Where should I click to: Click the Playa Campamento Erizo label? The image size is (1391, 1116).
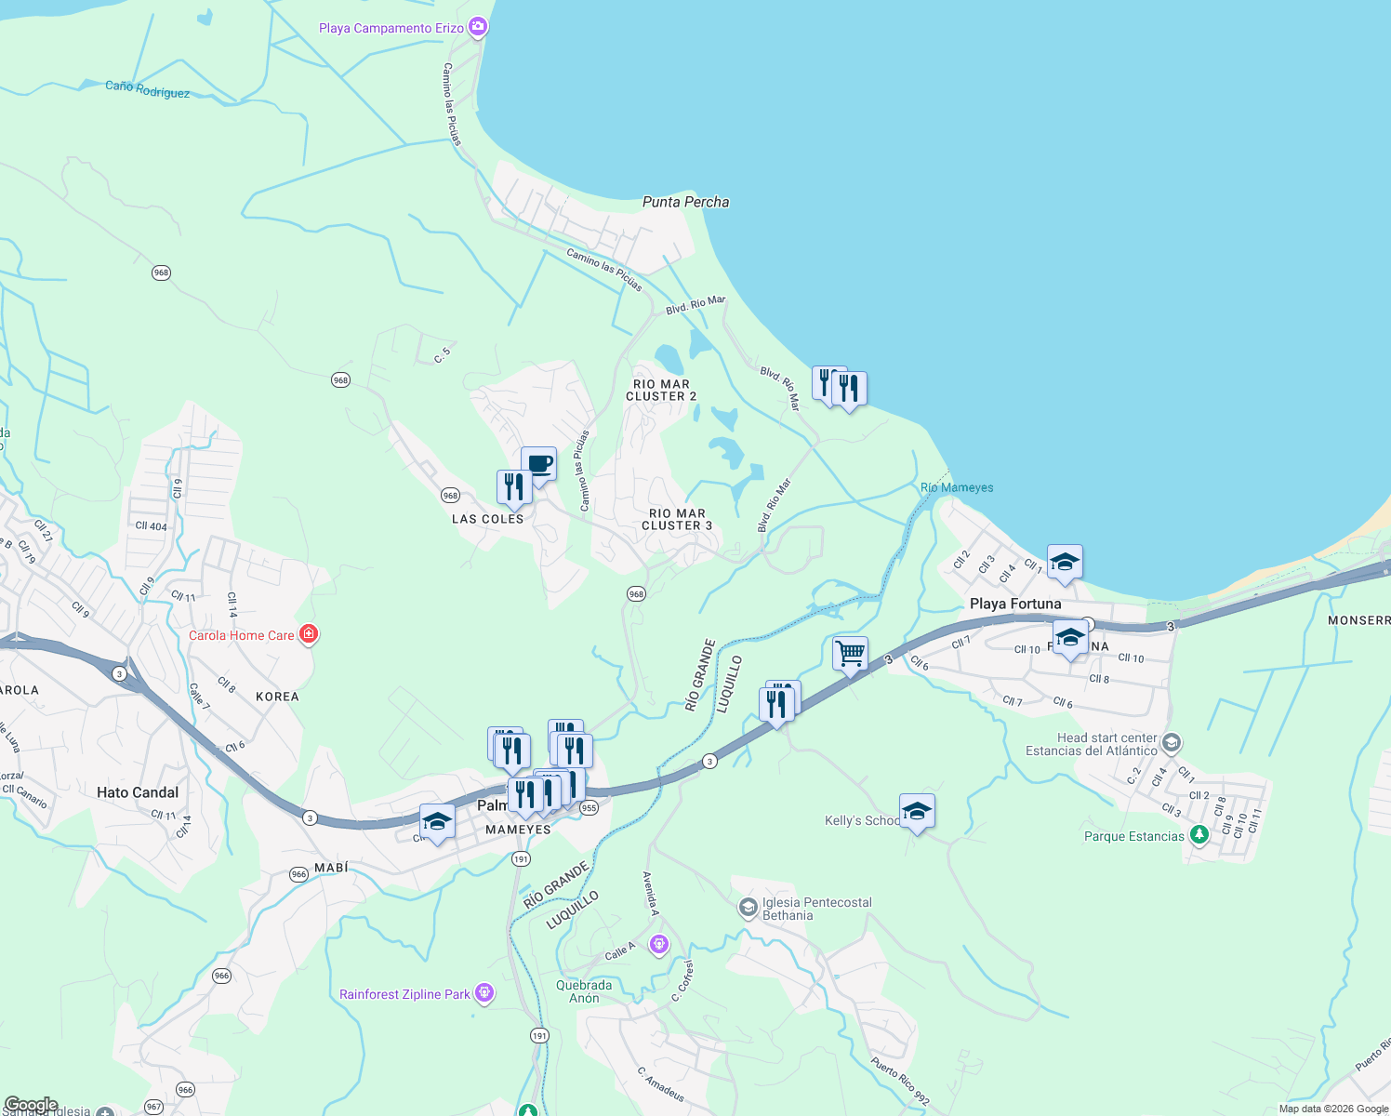[391, 28]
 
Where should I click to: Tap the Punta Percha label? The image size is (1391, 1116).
[685, 202]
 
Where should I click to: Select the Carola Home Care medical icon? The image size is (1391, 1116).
[309, 634]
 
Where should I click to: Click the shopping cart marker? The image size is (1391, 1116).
[850, 654]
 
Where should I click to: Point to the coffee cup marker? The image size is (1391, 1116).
[538, 464]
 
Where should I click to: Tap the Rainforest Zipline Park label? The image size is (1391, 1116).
[404, 994]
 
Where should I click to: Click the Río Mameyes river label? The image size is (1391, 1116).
[956, 487]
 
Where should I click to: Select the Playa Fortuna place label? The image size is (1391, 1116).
[1015, 604]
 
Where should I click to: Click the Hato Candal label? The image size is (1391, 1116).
[138, 792]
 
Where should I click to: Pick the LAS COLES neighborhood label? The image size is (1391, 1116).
[487, 519]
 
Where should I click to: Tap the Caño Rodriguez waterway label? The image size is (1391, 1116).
[147, 88]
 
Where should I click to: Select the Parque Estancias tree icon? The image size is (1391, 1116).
[1199, 835]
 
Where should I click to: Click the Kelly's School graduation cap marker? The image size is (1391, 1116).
[916, 812]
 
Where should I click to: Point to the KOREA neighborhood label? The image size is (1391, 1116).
[277, 697]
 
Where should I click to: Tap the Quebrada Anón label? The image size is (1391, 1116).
[584, 991]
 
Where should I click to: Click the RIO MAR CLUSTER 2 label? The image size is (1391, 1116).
[661, 390]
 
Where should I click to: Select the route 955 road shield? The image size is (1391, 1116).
[589, 808]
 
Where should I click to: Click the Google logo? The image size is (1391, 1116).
[31, 1105]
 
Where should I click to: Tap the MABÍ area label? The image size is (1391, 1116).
[331, 867]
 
